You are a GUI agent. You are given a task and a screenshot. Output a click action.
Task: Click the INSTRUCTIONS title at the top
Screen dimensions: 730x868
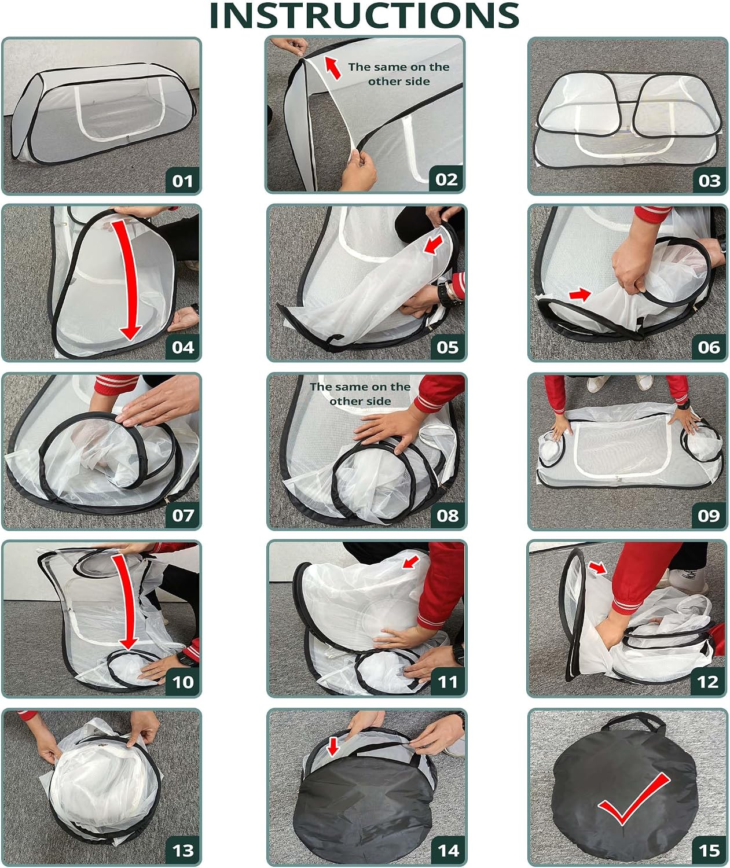364,16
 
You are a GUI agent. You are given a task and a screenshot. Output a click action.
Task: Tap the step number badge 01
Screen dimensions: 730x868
182,181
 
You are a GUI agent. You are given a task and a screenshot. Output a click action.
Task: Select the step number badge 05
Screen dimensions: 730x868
447,347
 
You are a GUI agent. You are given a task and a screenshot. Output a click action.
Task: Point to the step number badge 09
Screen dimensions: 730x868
709,516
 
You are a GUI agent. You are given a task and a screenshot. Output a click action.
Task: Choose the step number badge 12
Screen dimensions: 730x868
708,682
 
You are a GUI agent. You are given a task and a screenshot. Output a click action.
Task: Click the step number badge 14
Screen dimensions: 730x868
447,851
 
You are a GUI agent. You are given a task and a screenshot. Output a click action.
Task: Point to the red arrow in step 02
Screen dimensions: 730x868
333,68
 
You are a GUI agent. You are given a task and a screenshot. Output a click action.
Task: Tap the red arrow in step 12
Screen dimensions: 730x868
598,568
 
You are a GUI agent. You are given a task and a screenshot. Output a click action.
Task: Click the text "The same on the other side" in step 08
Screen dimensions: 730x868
360,393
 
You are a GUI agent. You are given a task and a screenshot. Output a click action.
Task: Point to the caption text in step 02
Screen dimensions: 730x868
398,74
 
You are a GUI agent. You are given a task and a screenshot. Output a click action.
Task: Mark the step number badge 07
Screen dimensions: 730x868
183,516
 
